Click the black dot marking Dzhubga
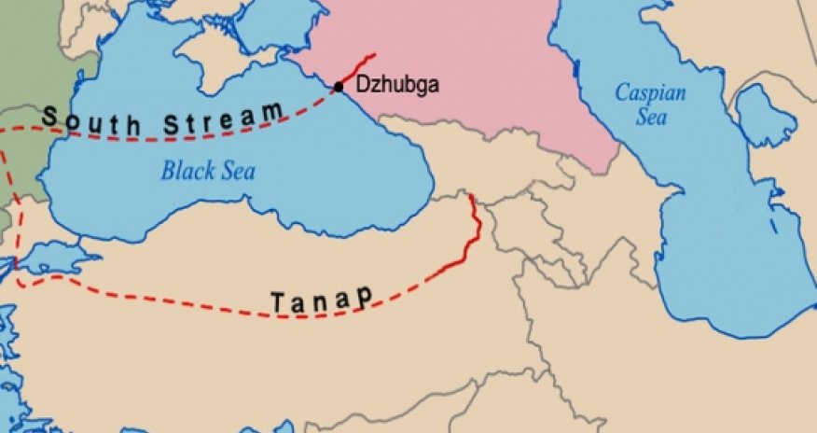[339, 87]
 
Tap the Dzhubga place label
[396, 85]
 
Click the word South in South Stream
[89, 119]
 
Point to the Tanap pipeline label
[322, 300]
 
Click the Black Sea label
[208, 172]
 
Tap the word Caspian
[650, 93]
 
